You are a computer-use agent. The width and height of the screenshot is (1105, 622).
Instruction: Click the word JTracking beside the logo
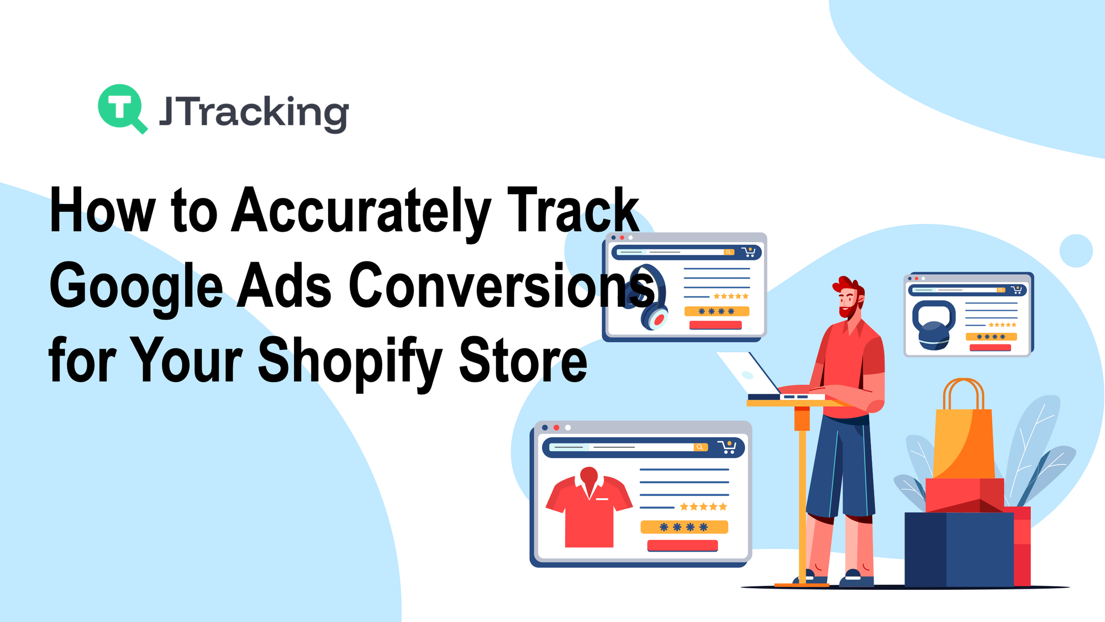[x=254, y=113]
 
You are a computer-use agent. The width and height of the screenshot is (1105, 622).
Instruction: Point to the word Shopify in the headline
[x=350, y=362]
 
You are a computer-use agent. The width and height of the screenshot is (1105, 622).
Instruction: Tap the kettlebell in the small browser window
[x=934, y=325]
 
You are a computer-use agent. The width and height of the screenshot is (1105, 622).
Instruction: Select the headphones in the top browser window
[x=646, y=297]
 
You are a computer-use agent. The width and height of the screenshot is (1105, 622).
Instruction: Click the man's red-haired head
[x=849, y=296]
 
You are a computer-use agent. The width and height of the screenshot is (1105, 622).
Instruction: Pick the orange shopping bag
[x=963, y=431]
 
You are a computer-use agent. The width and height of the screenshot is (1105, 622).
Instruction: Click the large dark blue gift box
[x=959, y=549]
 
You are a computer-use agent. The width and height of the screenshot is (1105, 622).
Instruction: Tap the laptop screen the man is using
[x=749, y=373]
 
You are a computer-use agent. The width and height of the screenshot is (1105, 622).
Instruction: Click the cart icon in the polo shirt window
[x=727, y=447]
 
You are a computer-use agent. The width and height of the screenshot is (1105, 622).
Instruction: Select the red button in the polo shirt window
[x=682, y=546]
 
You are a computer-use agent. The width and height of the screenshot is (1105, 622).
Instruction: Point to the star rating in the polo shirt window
[x=703, y=506]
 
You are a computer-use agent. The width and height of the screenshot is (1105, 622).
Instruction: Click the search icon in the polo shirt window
[x=700, y=447]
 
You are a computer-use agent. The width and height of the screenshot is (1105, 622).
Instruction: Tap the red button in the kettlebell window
[x=990, y=347]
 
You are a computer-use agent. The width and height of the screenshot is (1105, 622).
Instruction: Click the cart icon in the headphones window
[x=749, y=252]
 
